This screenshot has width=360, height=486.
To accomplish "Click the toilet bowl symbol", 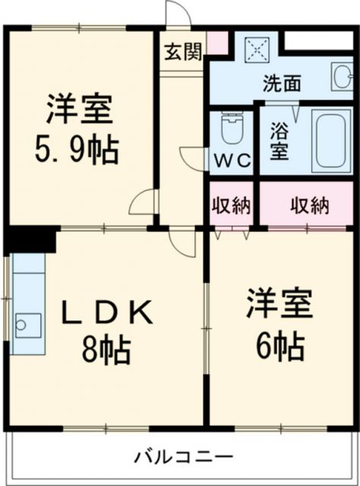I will pyautogui.click(x=231, y=129).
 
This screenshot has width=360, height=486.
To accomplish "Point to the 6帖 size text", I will pyautogui.click(x=279, y=346).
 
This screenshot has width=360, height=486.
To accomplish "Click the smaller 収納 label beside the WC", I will pyautogui.click(x=231, y=205).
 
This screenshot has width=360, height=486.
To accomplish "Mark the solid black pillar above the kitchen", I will pyautogui.click(x=30, y=238).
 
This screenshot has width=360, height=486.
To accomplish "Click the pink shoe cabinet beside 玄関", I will pyautogui.click(x=217, y=43).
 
